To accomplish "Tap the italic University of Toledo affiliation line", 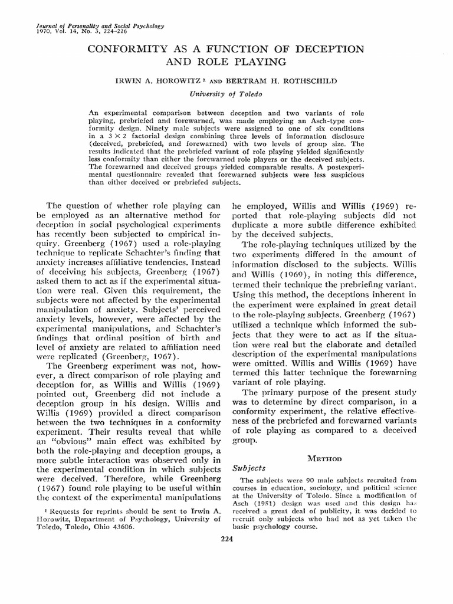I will point(226,93).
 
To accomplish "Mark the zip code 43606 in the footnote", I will point(123,528).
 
